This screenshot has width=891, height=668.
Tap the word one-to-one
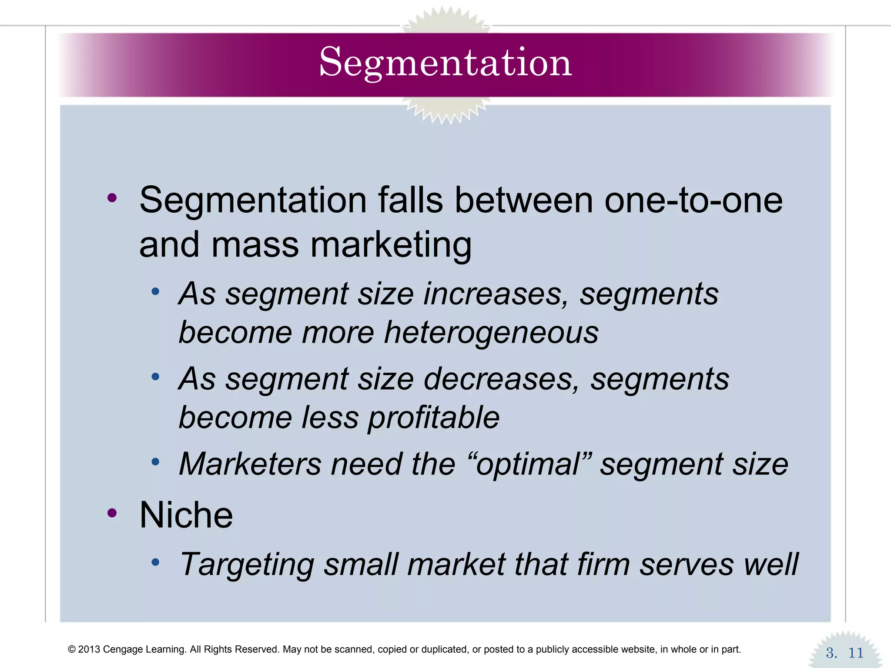click(693, 200)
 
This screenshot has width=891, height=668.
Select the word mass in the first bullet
click(255, 245)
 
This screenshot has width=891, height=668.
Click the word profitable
click(434, 417)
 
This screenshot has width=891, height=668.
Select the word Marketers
click(250, 464)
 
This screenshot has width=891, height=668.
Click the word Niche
click(186, 515)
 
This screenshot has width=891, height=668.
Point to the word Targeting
click(247, 564)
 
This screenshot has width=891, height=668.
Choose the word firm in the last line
click(603, 564)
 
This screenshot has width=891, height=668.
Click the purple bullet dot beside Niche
click(112, 513)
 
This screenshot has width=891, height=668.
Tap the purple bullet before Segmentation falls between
click(112, 198)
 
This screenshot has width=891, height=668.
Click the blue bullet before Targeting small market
click(155, 562)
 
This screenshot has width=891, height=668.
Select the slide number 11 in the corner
click(856, 653)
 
